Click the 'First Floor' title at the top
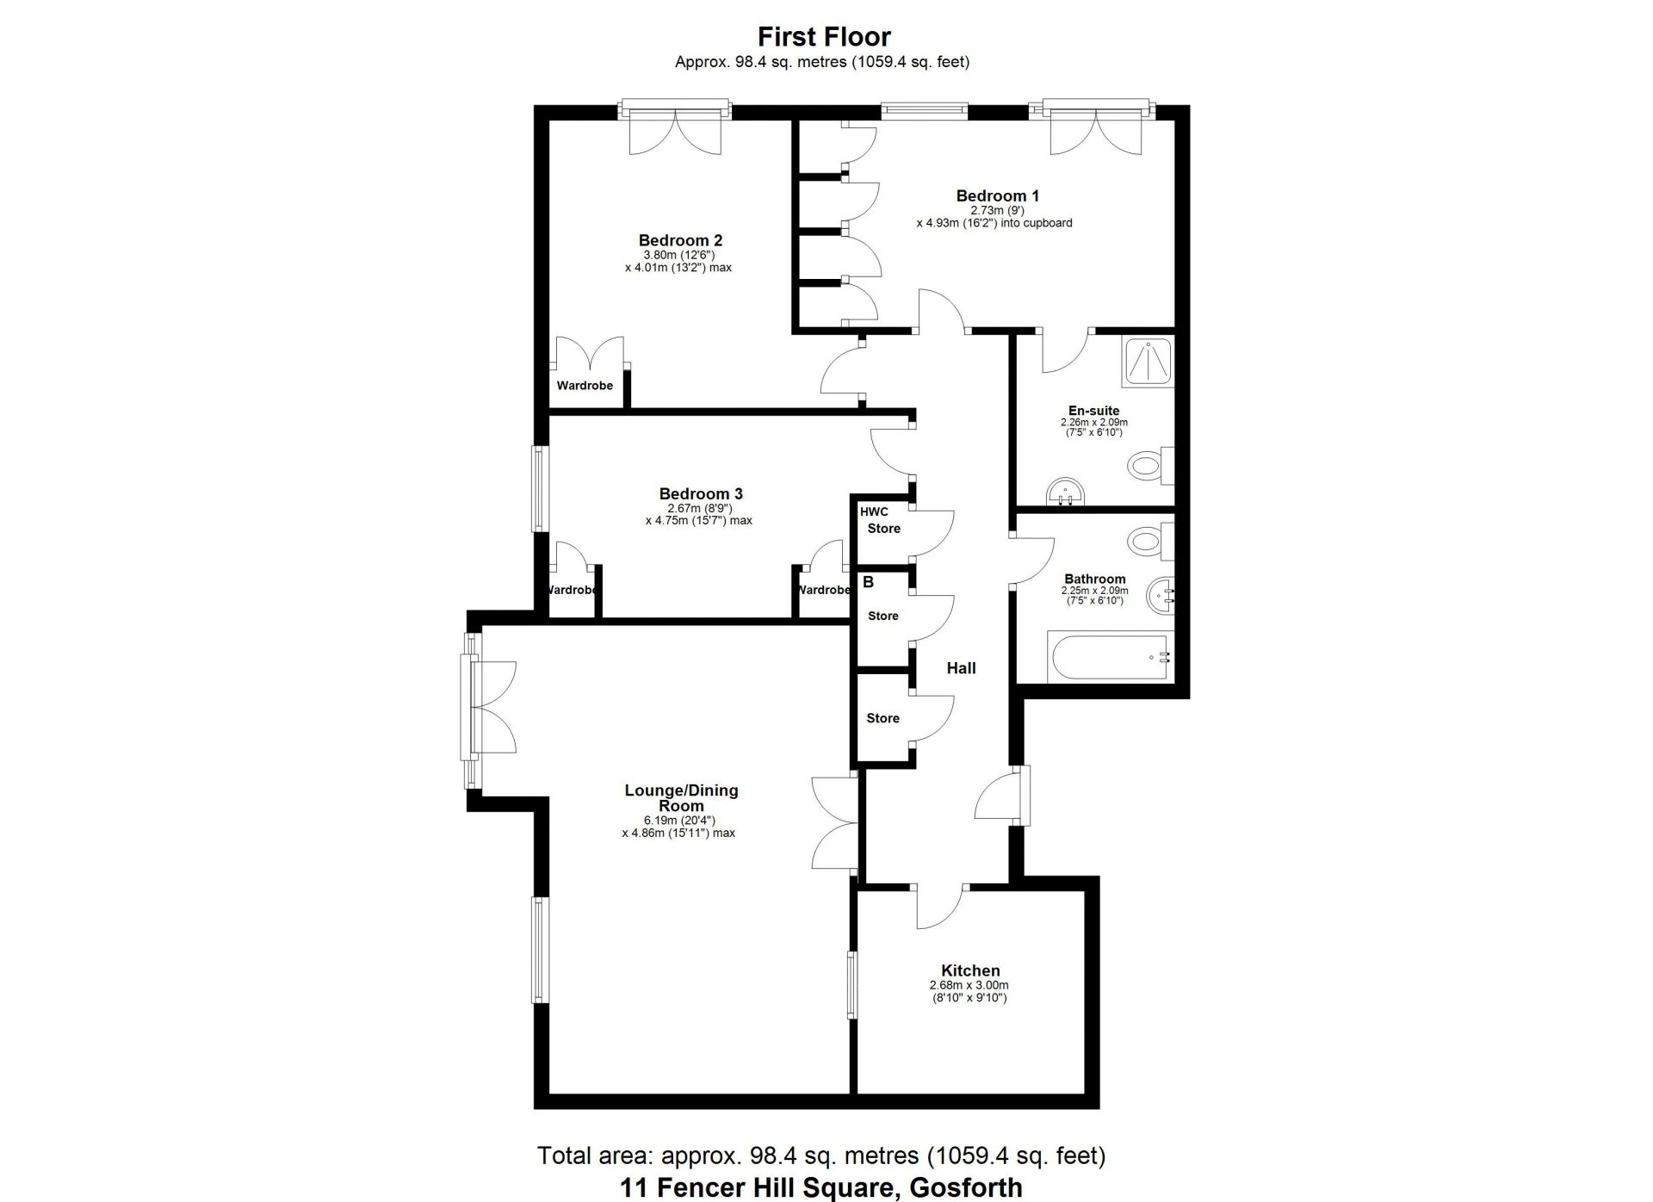point(824,36)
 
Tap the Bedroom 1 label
point(997,195)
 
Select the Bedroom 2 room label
point(680,240)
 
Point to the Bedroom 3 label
point(701,493)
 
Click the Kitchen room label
point(970,970)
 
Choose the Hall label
point(961,668)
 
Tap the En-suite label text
point(1093,411)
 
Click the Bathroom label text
point(1094,579)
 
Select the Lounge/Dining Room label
point(681,798)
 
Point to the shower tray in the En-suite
point(1148,362)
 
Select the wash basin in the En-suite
point(1067,492)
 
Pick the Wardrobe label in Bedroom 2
point(585,386)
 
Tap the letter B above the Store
point(868,583)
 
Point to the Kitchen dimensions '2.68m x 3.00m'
point(969,986)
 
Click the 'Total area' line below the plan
point(821,1155)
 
